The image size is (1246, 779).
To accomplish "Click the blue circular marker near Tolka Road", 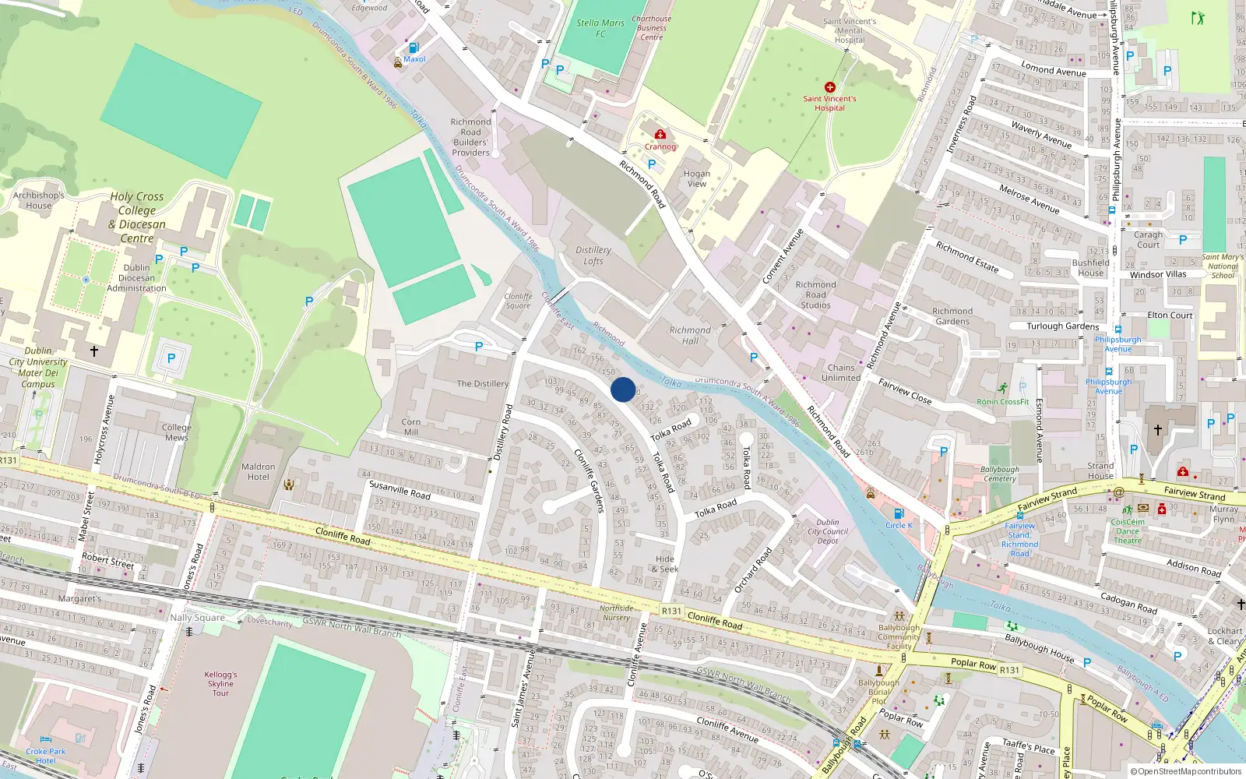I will (623, 389).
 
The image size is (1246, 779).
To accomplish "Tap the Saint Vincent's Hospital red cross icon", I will (829, 87).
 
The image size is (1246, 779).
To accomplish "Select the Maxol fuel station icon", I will (414, 48).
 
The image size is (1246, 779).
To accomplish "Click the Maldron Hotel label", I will (259, 472).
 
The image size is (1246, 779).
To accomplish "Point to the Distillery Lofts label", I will (593, 256).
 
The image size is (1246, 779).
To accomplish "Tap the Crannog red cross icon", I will (660, 135).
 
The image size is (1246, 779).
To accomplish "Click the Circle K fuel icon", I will (899, 513).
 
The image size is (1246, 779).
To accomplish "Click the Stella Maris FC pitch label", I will (600, 28).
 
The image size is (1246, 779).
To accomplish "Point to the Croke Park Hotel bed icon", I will (45, 740).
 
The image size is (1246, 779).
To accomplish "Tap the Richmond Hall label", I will (690, 335).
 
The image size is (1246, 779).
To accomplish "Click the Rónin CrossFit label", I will (1003, 401).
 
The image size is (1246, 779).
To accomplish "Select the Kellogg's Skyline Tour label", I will (221, 684).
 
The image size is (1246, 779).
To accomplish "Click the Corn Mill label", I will (411, 427).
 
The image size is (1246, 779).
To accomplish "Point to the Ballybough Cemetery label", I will (999, 474).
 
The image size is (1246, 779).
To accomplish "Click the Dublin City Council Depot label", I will (828, 531).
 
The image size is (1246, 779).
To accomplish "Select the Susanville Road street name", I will (399, 490).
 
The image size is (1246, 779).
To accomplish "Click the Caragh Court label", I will (1148, 239).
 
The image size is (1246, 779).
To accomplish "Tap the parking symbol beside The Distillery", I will (479, 347).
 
